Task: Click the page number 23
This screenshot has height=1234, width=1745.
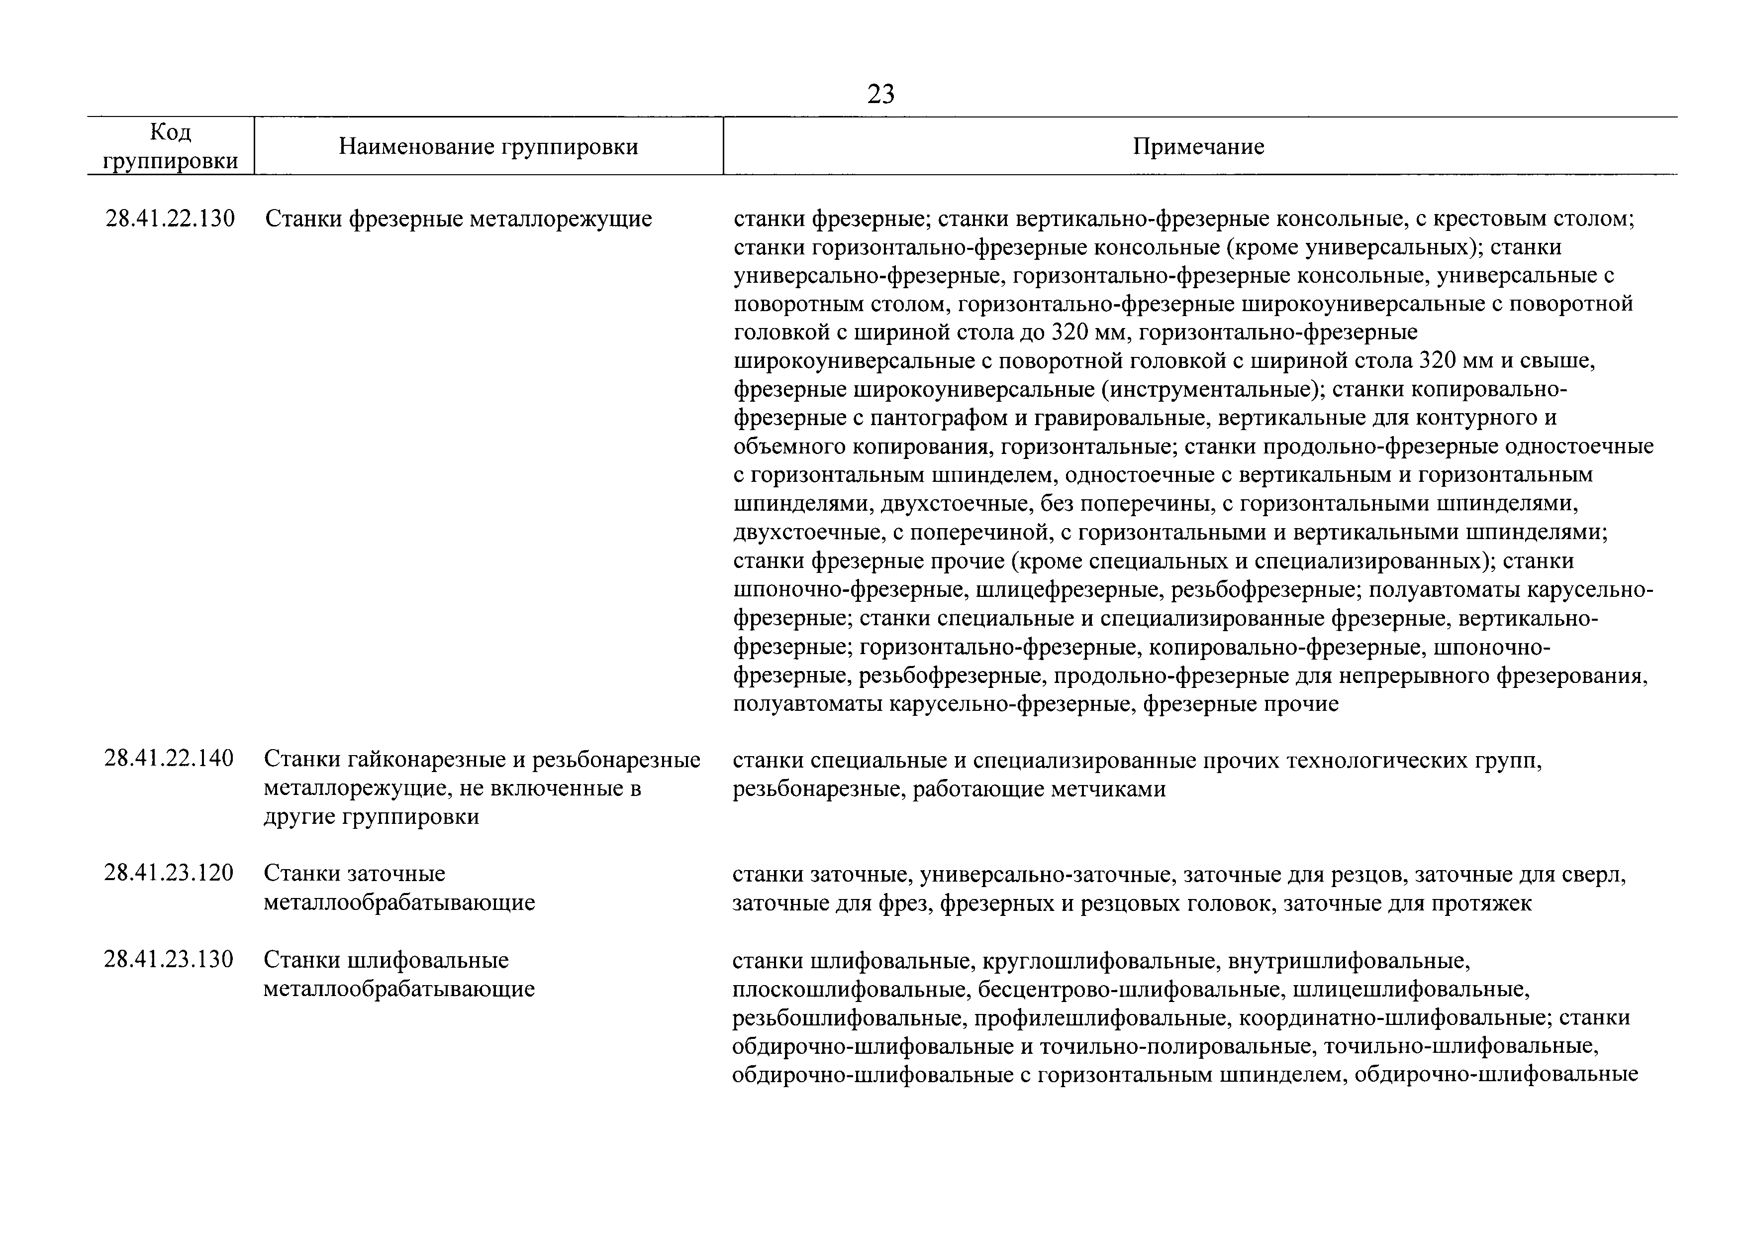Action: [881, 94]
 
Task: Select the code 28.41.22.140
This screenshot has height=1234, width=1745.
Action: [169, 759]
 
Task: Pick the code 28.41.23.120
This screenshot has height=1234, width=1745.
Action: [169, 873]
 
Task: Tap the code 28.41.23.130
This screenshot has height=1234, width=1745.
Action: [169, 960]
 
